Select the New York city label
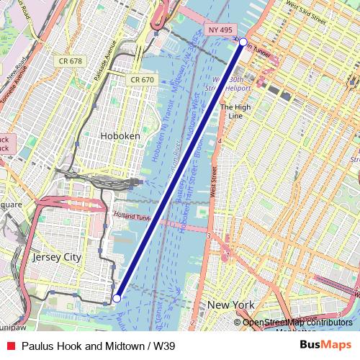(x=231, y=305)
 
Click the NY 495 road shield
(x=220, y=30)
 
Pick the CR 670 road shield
(x=141, y=79)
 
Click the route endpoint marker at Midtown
(x=243, y=42)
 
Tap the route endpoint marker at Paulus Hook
(x=117, y=297)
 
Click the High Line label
(x=235, y=111)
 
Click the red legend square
(x=9, y=346)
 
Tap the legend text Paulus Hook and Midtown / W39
(x=98, y=346)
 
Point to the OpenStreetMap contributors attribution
(x=297, y=323)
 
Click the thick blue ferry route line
(x=180, y=169)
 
